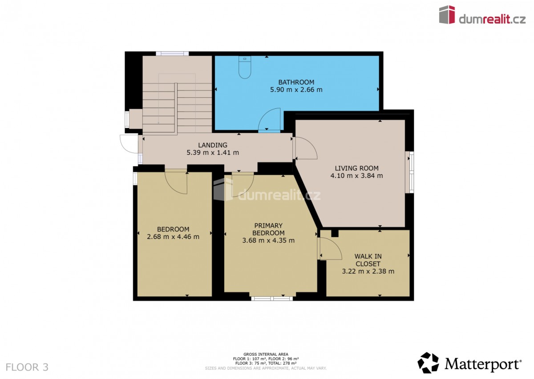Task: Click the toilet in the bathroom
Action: (245, 67)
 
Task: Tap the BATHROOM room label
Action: (296, 82)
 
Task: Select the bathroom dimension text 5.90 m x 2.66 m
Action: (296, 90)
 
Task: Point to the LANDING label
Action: (213, 145)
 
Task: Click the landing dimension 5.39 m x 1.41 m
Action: (213, 152)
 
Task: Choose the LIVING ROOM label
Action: (356, 168)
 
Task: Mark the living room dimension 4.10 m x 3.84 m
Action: (356, 176)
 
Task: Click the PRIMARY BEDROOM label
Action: (268, 229)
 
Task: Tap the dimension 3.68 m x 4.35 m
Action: (268, 240)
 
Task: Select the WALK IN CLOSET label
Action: (368, 260)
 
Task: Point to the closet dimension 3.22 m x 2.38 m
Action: (368, 271)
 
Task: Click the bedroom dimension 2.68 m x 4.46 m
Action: (173, 237)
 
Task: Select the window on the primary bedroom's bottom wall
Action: (272, 298)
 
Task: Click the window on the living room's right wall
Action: (411, 172)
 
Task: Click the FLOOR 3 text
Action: (27, 367)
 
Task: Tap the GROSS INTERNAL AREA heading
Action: (266, 354)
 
